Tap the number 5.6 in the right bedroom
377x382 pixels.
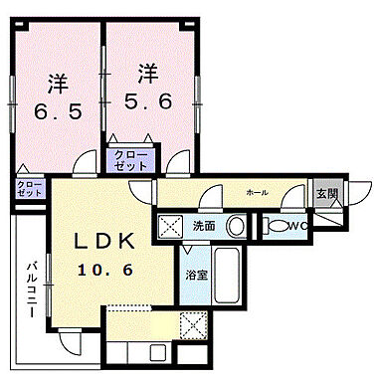coord(149,99)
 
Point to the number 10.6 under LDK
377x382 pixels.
coord(105,269)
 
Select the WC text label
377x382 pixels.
coord(302,226)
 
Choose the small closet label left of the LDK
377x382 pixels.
coord(29,187)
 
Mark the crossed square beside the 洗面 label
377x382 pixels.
coord(171,225)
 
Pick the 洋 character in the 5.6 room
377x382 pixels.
coord(149,72)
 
